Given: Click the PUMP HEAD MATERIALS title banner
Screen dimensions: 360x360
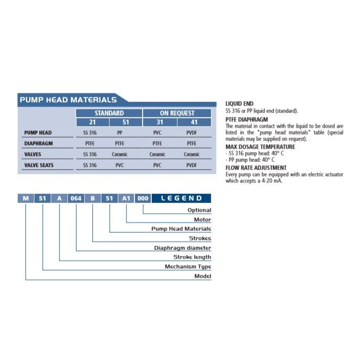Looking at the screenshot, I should coord(68,100).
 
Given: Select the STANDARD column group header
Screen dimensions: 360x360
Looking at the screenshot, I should coord(109,113).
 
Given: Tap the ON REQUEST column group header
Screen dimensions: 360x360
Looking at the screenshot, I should coord(177,113).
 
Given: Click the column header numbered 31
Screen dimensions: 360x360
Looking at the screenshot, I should coord(160,122).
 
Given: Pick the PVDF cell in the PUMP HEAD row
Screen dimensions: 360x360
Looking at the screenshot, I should coord(191,133).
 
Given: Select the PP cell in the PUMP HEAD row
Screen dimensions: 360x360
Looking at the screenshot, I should coord(120,133).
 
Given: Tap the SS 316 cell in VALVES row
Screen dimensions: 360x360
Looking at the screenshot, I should coord(90,154).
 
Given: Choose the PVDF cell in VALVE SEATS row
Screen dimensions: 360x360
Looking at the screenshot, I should coord(191,165).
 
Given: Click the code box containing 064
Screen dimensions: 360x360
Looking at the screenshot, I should coord(76,198).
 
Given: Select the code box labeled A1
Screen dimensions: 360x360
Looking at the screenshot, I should coord(126,198).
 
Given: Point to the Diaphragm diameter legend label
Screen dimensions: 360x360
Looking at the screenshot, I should coord(182,248).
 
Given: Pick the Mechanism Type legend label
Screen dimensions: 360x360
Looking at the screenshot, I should coord(188,267).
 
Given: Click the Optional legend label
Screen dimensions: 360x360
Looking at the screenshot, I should coord(199,210).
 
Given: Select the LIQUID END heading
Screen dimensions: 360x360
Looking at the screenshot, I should coord(239,103).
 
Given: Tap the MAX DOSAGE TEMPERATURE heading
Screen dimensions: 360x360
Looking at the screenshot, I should coord(260,147).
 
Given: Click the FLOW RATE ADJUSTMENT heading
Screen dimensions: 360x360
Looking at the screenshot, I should coord(256,168).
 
